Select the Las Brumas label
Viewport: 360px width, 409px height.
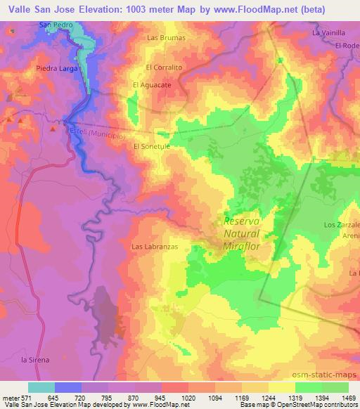pos(166,37)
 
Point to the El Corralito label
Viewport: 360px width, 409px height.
pos(164,67)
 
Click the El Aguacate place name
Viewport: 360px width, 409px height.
pos(153,85)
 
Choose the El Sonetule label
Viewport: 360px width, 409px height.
pos(153,147)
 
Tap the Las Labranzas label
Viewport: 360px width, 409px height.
pos(153,247)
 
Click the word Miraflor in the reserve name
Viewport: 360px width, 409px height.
pos(242,245)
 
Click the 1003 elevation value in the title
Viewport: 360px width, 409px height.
pos(150,8)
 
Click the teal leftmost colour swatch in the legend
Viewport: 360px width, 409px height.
pos(41,387)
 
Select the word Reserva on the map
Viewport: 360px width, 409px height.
pos(242,221)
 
